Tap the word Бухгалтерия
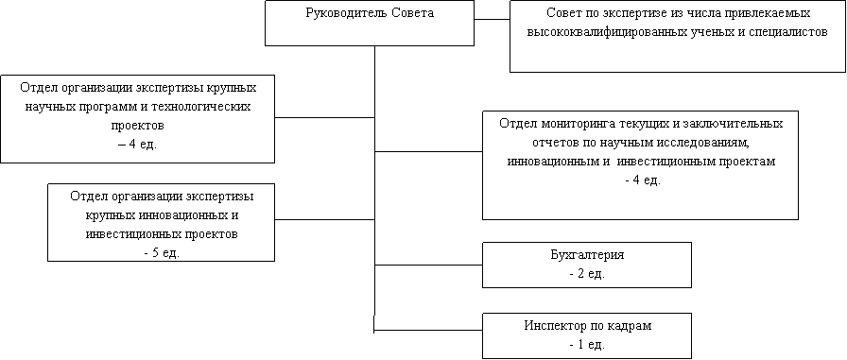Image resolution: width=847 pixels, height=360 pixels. point(587,255)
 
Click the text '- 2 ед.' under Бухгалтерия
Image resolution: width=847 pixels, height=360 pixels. point(587,274)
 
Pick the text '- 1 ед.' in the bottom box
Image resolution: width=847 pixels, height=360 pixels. point(587,344)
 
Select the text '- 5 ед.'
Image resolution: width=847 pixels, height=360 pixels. point(162,252)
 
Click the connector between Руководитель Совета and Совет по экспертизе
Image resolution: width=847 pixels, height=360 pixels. point(493,20)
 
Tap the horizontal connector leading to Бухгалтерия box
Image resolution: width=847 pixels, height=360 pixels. point(428,265)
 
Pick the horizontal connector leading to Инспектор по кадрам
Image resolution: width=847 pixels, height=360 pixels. point(428,330)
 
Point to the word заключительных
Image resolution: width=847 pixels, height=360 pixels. point(736,123)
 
